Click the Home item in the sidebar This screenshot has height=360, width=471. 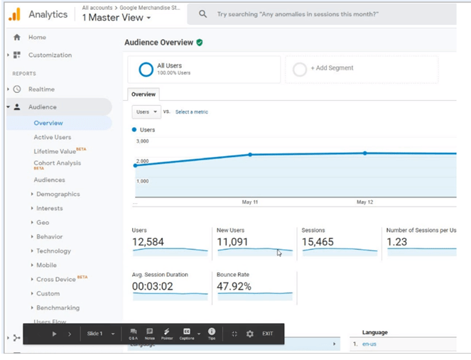(37, 37)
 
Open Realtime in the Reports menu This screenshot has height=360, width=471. (41, 89)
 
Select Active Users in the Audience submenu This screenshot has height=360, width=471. (53, 137)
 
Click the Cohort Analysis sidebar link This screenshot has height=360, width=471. (57, 163)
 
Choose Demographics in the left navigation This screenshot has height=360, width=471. (58, 194)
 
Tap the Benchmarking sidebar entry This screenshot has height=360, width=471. (58, 307)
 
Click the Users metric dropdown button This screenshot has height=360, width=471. (146, 111)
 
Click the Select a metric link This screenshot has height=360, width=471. (192, 112)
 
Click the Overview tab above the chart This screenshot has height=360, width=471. (144, 94)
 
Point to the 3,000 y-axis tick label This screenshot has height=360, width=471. (142, 141)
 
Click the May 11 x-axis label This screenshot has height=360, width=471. (250, 202)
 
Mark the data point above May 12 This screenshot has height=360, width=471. (365, 153)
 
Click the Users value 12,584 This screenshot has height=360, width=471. (148, 242)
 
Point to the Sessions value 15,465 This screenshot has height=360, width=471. (318, 242)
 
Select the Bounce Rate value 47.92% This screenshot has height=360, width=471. (234, 286)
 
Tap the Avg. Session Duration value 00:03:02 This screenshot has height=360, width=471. (153, 286)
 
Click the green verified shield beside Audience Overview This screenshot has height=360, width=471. (200, 43)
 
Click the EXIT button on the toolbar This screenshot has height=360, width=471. (267, 334)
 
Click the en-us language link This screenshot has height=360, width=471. (370, 344)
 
